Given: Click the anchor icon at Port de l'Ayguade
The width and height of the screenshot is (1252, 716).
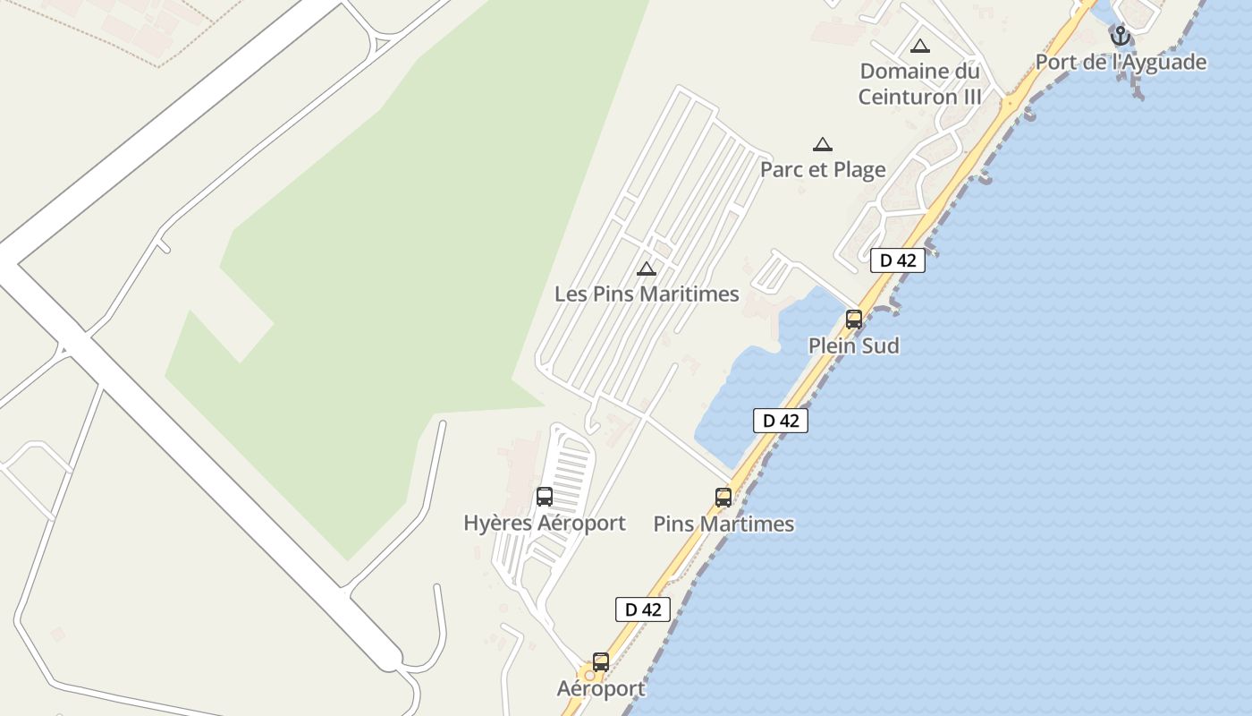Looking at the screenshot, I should tap(1120, 37).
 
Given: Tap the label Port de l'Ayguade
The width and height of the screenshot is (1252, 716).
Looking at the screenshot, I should tap(1121, 62).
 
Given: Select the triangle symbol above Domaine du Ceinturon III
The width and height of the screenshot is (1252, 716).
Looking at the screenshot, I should tap(919, 47).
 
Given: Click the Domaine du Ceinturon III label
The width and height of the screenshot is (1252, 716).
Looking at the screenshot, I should tap(919, 83).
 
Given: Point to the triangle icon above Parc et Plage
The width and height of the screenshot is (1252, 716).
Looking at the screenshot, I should tap(822, 145).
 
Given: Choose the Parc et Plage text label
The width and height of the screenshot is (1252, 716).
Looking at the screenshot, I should tap(823, 169).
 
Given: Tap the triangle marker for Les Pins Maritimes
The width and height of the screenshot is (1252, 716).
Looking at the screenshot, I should tap(646, 268).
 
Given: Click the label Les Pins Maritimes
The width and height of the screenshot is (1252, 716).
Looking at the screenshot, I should tap(647, 294).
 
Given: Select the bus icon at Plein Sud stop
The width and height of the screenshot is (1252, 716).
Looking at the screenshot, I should tap(854, 320).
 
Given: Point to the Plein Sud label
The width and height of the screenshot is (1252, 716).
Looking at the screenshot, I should tap(853, 345).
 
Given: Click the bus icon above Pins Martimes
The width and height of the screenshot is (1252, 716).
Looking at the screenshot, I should tap(723, 497).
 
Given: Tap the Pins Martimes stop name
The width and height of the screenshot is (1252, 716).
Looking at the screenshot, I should tap(723, 524).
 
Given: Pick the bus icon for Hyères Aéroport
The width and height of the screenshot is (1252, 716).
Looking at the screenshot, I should tap(544, 497).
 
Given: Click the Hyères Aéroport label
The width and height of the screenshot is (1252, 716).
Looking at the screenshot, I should tap(544, 523).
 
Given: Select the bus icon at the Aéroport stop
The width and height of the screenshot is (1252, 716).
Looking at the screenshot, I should tap(601, 662).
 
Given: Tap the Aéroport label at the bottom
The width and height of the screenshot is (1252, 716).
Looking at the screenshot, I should tap(601, 688).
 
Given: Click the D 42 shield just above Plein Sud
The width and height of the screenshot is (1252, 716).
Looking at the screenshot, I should tap(897, 260).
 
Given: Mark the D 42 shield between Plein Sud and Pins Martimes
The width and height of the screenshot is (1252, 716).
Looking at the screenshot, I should tap(780, 421).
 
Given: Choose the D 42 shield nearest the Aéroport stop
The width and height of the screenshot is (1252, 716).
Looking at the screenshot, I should tap(642, 609).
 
